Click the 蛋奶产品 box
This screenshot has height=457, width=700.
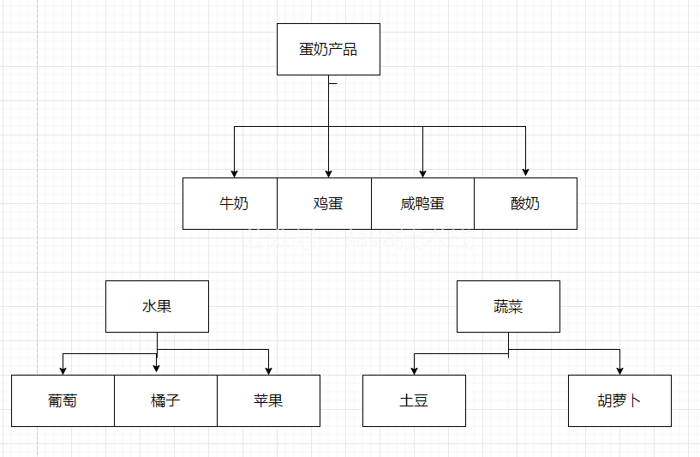click(x=328, y=49)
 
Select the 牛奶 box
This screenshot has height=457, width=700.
click(x=230, y=203)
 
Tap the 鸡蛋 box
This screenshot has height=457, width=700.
click(x=325, y=203)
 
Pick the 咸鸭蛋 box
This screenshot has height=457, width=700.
click(x=422, y=203)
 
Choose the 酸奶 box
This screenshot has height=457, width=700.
click(x=525, y=203)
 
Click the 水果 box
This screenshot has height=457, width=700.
click(x=157, y=306)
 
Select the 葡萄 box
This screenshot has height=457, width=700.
click(x=63, y=400)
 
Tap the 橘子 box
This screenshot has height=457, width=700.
click(x=165, y=400)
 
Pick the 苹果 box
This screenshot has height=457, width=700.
click(x=268, y=400)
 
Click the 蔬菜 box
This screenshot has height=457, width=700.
click(x=508, y=306)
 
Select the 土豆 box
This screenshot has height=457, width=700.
click(x=414, y=400)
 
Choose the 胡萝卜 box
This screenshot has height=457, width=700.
click(x=619, y=400)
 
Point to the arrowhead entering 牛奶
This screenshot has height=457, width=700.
click(x=234, y=173)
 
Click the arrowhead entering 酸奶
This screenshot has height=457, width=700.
click(x=525, y=173)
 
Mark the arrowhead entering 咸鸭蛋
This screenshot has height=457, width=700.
click(x=422, y=173)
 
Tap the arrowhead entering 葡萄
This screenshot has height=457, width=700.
click(x=63, y=370)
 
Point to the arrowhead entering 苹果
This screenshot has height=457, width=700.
click(x=268, y=370)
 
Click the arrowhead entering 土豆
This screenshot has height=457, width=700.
click(x=414, y=370)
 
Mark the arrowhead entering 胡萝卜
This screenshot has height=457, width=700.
click(x=619, y=370)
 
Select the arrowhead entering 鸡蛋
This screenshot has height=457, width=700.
click(x=328, y=173)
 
